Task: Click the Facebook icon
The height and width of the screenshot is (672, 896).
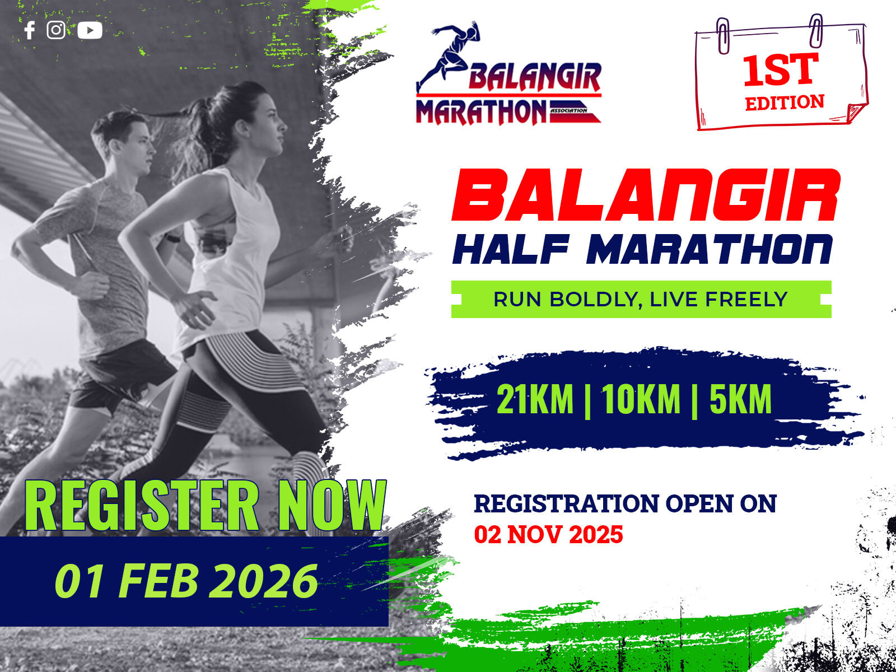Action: (x=29, y=30)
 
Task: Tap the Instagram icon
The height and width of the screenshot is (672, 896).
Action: (x=56, y=30)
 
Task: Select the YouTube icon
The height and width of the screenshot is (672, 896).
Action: (x=90, y=30)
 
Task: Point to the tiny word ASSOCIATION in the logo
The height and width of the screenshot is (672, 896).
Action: (x=568, y=110)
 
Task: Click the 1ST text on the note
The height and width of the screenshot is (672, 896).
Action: (x=781, y=70)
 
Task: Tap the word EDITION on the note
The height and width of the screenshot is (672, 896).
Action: (x=785, y=102)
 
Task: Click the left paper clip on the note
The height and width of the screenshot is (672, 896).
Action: (x=723, y=36)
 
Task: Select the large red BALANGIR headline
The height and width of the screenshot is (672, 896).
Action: (x=646, y=195)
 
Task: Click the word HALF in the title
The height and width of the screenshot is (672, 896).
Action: (x=511, y=249)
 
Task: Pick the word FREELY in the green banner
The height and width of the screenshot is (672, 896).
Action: (x=746, y=299)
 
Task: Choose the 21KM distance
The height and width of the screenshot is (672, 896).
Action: (x=535, y=399)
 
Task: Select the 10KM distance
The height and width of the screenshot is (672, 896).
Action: (x=641, y=399)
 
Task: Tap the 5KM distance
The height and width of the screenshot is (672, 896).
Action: (x=740, y=399)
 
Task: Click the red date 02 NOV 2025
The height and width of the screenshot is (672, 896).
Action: (x=548, y=534)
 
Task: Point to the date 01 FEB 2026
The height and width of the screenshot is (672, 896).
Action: (x=186, y=581)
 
